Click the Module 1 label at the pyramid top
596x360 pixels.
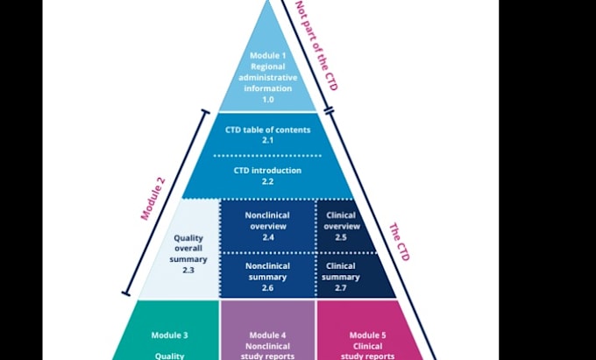tap(267, 56)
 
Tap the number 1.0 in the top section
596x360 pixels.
tap(267, 100)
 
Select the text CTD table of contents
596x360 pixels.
tap(267, 130)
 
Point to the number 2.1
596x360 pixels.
tap(267, 140)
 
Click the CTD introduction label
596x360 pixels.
tap(267, 170)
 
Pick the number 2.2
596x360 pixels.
tap(267, 181)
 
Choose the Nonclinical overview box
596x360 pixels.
tap(267, 225)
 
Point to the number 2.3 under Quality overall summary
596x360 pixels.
tap(189, 272)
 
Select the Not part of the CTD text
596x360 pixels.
tap(315, 46)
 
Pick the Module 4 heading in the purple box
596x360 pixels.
tap(267, 335)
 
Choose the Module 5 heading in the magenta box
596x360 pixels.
tap(367, 335)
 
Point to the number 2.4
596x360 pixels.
tap(267, 237)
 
